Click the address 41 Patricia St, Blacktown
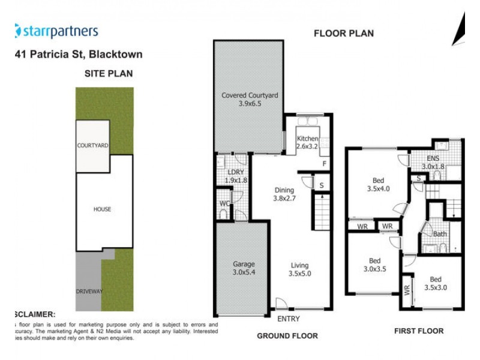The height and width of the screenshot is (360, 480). pos(78,55)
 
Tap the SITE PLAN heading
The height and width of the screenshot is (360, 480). pos(108,74)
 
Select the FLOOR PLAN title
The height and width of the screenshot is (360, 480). pos(344,34)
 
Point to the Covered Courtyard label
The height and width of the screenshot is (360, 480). pos(250,99)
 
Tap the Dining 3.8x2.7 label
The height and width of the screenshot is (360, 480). pos(284,194)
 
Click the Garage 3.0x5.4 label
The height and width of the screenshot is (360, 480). pos(244,268)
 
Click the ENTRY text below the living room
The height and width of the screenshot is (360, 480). pos(287,319)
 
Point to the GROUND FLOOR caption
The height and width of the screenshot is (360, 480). pos(287,336)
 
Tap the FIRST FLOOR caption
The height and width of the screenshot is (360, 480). pos(419,331)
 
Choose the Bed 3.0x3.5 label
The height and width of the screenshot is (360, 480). pos(375,265)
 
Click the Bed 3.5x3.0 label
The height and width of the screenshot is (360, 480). pos(435,283)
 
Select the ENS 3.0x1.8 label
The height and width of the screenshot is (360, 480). pos(433,163)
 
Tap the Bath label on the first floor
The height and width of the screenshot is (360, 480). pos(440,234)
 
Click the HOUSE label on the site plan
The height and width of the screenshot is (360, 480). pos(102,209)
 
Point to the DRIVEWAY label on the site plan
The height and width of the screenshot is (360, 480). pos(89,291)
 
